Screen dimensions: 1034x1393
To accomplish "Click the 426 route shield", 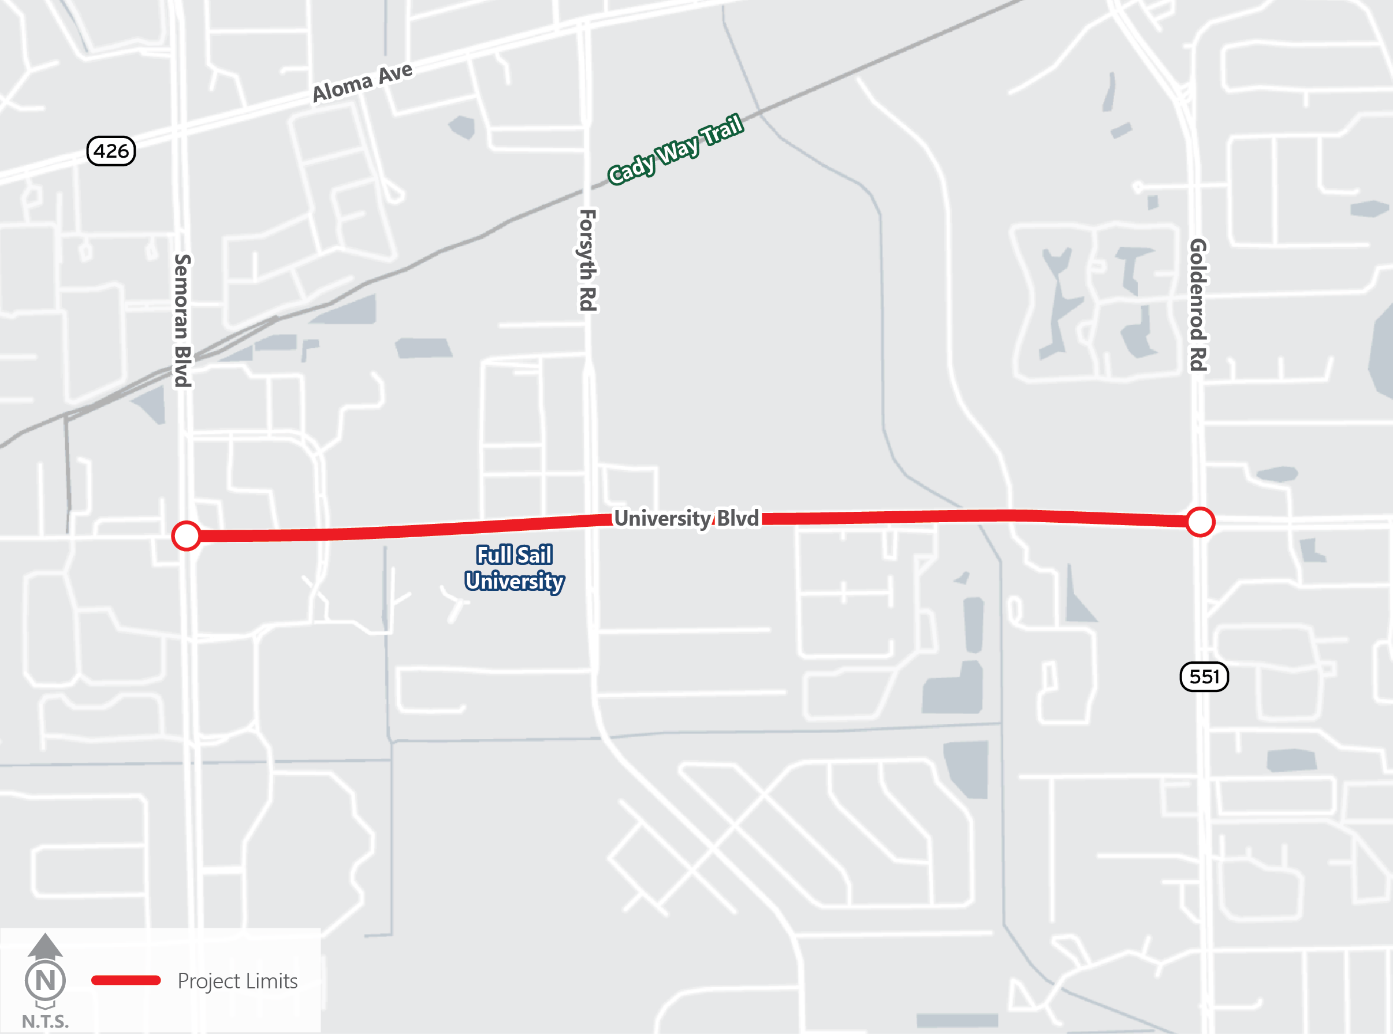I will (x=111, y=151).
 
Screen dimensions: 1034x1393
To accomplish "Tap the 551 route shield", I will (x=1204, y=676).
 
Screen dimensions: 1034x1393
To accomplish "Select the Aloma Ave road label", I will (x=362, y=82).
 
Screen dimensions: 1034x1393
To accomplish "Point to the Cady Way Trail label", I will (x=675, y=149).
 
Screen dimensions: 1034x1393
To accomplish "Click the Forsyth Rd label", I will (x=587, y=261).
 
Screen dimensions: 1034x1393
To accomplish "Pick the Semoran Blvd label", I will (x=182, y=321).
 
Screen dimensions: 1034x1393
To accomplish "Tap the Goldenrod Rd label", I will (x=1198, y=305).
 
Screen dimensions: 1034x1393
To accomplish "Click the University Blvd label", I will (x=687, y=518).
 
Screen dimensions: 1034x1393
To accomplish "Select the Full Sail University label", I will (x=515, y=568).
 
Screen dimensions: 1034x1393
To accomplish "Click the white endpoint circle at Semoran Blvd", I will (x=186, y=536).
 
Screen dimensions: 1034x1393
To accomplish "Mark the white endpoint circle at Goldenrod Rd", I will (x=1200, y=522).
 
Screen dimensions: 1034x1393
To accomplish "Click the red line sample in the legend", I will (x=126, y=980).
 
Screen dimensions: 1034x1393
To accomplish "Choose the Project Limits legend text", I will (x=237, y=981).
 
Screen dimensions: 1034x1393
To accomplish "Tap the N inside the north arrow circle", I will (x=45, y=981).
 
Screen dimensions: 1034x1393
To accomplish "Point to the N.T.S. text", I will (x=45, y=1021).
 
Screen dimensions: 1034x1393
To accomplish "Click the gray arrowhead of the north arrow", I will (x=45, y=946).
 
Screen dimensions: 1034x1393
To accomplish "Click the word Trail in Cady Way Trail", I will (x=721, y=129).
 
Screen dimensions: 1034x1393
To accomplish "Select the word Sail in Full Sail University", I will (x=534, y=555).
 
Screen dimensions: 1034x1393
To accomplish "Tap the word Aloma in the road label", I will (x=342, y=88).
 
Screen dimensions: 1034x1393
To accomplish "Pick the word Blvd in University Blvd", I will (x=738, y=518).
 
